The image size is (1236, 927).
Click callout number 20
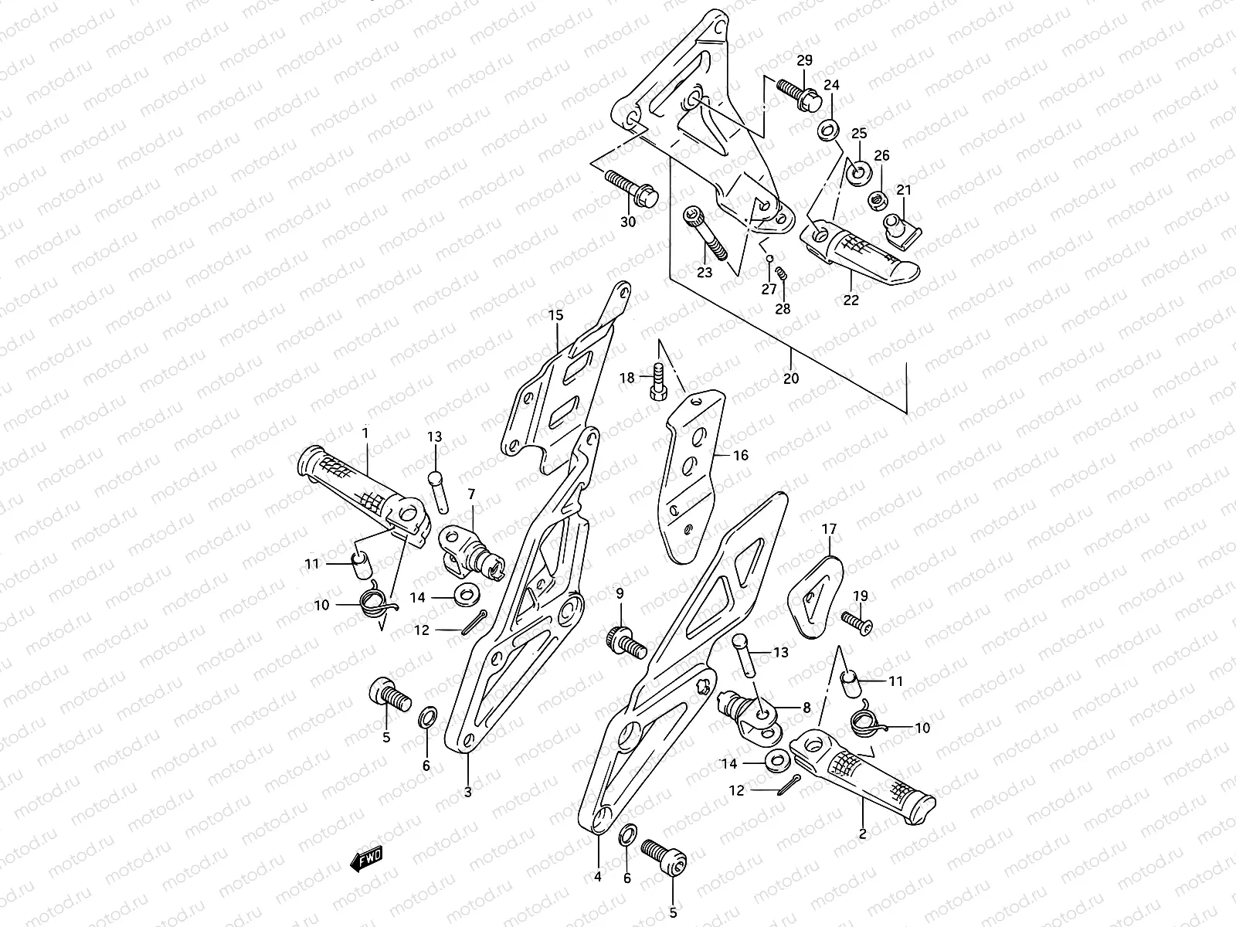click(791, 379)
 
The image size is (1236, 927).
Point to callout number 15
click(557, 315)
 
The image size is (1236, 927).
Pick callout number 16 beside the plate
click(740, 455)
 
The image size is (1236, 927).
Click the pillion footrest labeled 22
click(857, 251)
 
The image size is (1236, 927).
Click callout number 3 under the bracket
click(467, 791)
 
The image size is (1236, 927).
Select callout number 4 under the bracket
click(598, 877)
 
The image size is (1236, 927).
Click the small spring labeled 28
click(781, 274)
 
